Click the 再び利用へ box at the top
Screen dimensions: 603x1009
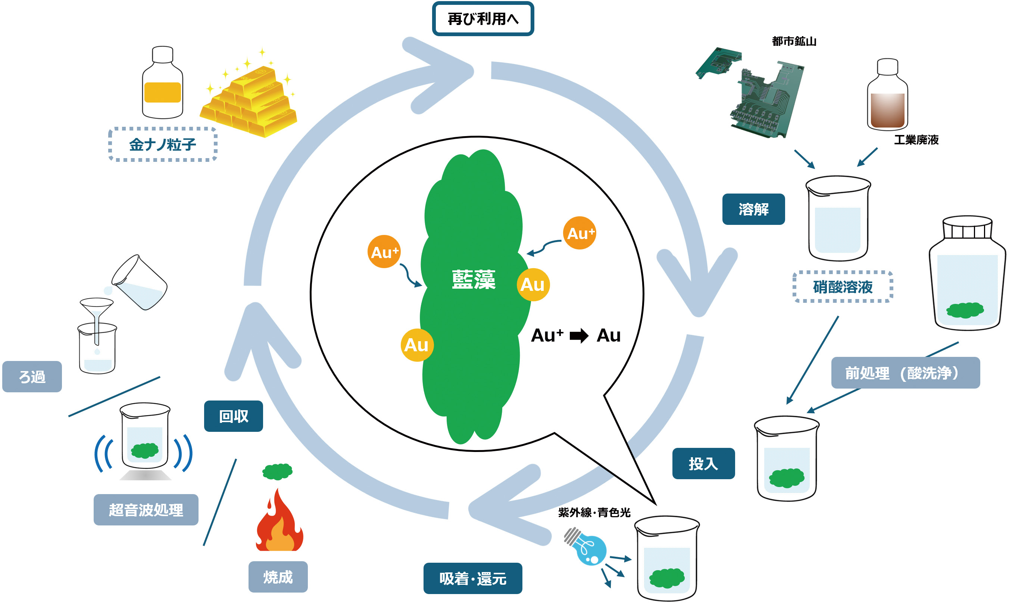[482, 19]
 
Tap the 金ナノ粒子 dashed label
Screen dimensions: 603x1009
[163, 145]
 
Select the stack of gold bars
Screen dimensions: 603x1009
[249, 101]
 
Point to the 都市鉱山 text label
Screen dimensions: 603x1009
[794, 41]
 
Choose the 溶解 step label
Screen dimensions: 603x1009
[753, 209]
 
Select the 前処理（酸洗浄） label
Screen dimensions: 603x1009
[905, 373]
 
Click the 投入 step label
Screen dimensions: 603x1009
[703, 464]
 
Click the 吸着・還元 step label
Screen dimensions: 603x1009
[473, 579]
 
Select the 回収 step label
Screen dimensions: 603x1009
[233, 417]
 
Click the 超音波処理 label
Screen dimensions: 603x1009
[146, 510]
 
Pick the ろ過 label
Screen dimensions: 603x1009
[32, 377]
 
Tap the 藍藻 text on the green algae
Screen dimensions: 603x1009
[474, 280]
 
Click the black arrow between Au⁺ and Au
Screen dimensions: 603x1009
[579, 336]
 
